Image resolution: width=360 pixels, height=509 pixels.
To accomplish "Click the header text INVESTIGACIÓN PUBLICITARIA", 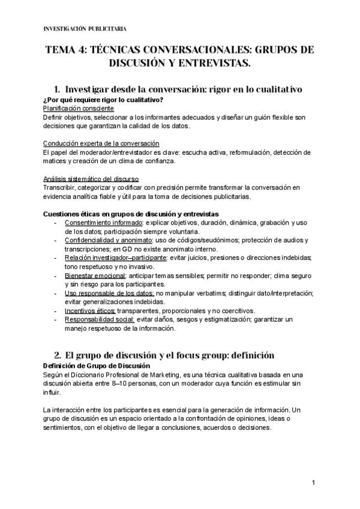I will click(85, 28).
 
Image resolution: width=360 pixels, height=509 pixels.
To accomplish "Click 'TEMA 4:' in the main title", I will click(64, 50).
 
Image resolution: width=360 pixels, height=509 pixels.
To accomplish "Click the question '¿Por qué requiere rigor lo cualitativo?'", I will click(104, 99).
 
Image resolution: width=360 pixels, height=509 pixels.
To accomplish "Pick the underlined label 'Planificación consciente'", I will click(79, 108).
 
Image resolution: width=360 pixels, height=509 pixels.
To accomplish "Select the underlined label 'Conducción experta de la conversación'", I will click(101, 143).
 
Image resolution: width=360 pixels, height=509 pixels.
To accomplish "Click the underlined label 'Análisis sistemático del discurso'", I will click(92, 179).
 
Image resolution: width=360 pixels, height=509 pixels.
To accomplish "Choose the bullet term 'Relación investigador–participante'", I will click(116, 258).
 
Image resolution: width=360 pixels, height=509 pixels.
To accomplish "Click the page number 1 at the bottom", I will click(313, 483).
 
